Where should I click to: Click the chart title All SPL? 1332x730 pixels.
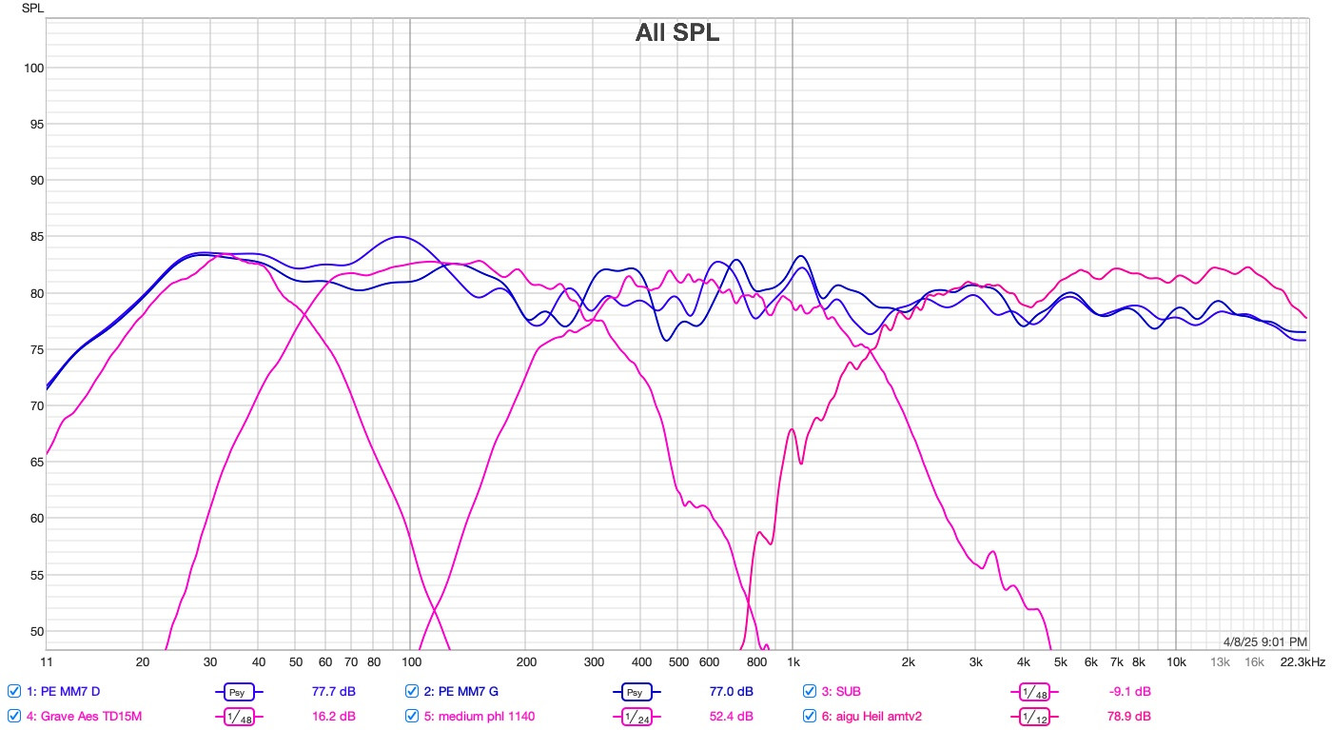pyautogui.click(x=677, y=33)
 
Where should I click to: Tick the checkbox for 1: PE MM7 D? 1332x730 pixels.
pyautogui.click(x=13, y=691)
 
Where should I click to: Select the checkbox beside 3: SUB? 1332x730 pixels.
pyautogui.click(x=811, y=691)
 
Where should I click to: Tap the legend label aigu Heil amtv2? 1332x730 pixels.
pyautogui.click(x=876, y=716)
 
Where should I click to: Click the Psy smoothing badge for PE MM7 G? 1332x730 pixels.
pyautogui.click(x=637, y=692)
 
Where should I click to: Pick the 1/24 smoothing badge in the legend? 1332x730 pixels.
pyautogui.click(x=637, y=717)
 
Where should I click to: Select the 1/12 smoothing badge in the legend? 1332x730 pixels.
pyautogui.click(x=1036, y=717)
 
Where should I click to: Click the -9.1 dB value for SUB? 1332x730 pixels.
pyautogui.click(x=1130, y=691)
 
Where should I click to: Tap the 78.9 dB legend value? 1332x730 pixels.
pyautogui.click(x=1130, y=716)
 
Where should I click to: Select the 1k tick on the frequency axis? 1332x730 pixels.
pyautogui.click(x=793, y=661)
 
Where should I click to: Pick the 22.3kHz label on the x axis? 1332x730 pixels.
pyautogui.click(x=1303, y=661)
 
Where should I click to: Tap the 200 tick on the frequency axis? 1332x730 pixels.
pyautogui.click(x=526, y=661)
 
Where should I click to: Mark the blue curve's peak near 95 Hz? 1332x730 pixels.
pyautogui.click(x=400, y=237)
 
